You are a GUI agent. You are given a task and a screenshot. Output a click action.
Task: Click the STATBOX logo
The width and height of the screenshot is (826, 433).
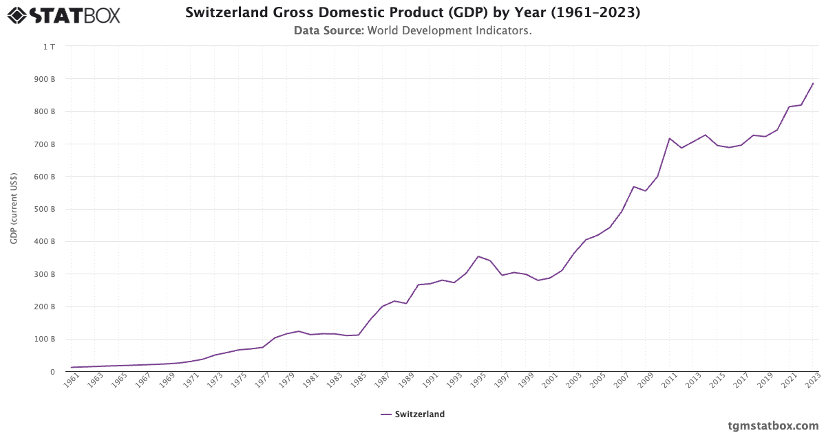pos(64,14)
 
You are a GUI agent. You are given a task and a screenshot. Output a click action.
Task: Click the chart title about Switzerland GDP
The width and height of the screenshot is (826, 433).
pos(412,12)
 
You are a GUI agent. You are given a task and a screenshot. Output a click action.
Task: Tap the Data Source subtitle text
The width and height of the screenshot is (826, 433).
pos(412,31)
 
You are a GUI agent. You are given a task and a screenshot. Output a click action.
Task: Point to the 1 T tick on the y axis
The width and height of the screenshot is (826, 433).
pos(49,47)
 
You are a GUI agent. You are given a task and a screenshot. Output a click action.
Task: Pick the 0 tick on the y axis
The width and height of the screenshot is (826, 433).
pos(52,372)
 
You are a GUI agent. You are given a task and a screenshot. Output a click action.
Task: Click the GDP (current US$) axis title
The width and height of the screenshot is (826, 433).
pos(14,209)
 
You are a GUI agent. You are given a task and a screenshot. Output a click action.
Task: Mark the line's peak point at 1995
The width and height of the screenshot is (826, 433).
pos(478,256)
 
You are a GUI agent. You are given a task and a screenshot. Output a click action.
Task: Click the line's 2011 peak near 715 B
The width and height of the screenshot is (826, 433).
pos(669,138)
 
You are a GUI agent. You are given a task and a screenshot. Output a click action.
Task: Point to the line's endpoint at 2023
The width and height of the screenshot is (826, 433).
pos(813,83)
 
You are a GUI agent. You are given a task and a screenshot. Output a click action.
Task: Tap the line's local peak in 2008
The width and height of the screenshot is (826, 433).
pos(633,186)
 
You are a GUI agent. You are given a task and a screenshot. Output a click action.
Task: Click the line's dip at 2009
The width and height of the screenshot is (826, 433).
pos(645,191)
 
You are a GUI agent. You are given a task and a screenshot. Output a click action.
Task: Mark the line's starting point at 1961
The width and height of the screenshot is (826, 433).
pos(71,368)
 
